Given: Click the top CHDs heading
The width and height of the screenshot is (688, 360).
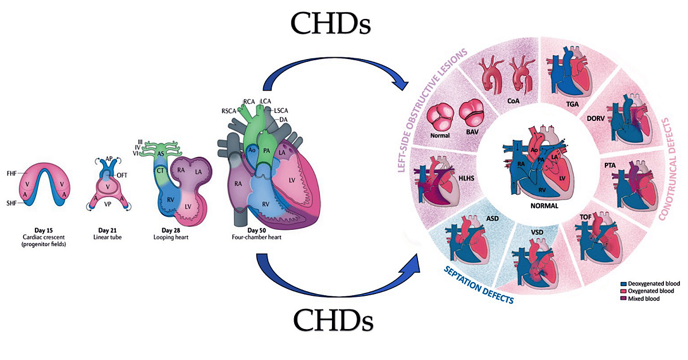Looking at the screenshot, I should click(331, 24).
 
